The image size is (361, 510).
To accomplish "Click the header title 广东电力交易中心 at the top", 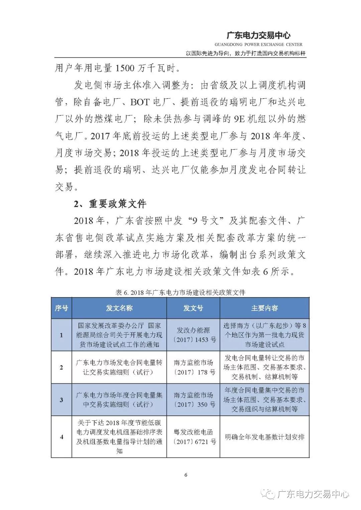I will (x=258, y=35).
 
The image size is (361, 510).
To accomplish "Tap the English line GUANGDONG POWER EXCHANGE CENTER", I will (x=258, y=44).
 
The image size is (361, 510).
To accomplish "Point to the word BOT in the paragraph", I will (x=140, y=102).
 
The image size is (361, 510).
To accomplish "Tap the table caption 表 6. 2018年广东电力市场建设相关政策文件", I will (x=180, y=292).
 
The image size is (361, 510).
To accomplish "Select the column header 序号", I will (x=61, y=308).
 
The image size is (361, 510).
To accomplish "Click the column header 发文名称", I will (x=119, y=308).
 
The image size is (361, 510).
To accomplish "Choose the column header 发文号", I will (x=193, y=308).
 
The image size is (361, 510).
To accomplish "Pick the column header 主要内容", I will (x=264, y=308).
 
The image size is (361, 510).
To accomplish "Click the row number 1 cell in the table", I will (x=61, y=335).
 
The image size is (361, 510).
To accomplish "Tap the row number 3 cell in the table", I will (x=61, y=400).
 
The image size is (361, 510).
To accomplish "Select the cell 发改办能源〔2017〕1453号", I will (x=193, y=335).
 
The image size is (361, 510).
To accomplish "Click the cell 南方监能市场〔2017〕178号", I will (x=193, y=367).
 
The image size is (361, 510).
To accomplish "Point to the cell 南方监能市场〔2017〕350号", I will (x=193, y=400).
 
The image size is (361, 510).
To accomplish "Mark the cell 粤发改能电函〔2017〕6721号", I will (x=193, y=437).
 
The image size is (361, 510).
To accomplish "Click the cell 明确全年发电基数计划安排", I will (x=264, y=437).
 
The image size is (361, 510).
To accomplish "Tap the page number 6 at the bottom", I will (x=186, y=475).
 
